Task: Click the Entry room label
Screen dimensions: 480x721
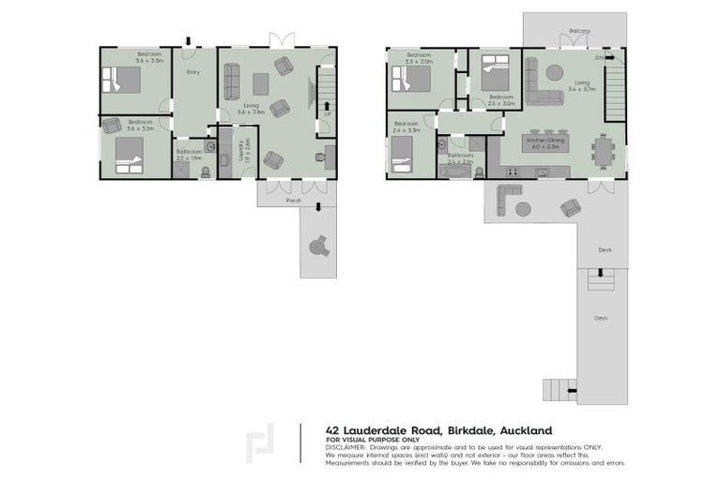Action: tap(192, 72)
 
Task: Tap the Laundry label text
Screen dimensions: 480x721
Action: tap(242, 148)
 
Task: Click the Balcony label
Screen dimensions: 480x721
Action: tap(579, 32)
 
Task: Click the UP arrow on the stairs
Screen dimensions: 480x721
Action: tap(326, 106)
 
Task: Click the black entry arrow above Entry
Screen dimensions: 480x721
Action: tap(189, 41)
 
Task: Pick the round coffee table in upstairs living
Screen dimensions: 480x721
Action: tap(555, 71)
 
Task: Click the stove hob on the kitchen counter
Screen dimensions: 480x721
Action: tap(512, 172)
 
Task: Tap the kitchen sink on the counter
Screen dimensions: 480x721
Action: tap(542, 172)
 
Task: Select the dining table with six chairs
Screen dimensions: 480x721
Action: tap(603, 147)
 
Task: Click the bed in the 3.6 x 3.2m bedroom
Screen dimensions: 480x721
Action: tap(129, 154)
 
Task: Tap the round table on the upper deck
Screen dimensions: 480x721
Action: tap(522, 208)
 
